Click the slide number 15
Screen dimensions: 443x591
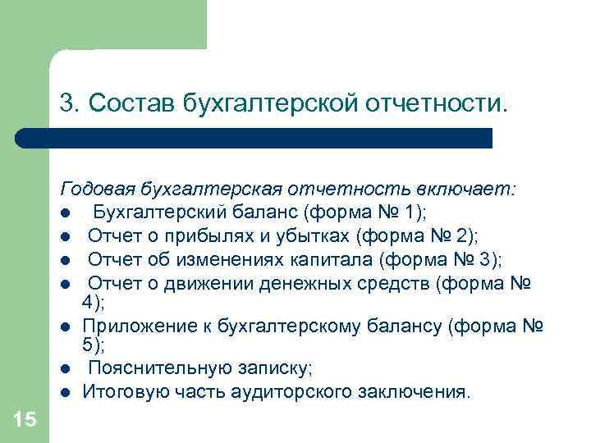click(25, 420)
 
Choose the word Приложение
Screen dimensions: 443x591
click(130, 327)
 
